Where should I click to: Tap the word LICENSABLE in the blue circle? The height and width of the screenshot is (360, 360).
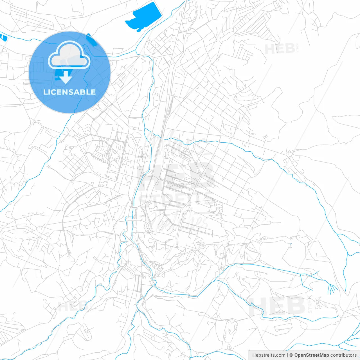69,92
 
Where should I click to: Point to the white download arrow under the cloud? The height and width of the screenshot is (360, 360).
66,77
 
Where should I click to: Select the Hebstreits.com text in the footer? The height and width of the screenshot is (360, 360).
269,355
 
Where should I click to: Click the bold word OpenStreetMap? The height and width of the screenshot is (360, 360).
311,355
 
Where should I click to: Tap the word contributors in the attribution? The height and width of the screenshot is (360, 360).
343,355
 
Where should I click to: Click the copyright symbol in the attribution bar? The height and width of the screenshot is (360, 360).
291,355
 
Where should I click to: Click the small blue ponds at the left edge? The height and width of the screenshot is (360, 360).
4,37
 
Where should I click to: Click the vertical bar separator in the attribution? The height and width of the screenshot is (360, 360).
287,355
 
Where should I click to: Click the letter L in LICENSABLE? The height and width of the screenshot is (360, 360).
45,92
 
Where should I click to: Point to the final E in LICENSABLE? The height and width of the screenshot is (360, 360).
93,92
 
